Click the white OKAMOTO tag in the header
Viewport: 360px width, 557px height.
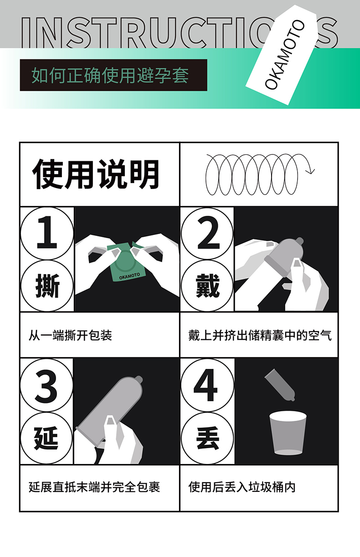click(x=283, y=55)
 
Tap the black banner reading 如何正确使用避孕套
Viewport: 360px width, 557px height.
click(x=113, y=75)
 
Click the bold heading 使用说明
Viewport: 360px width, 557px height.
click(x=96, y=174)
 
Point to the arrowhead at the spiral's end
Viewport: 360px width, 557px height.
click(x=310, y=171)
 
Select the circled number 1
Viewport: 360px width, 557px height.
click(x=47, y=234)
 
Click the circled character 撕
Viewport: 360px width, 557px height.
click(x=47, y=286)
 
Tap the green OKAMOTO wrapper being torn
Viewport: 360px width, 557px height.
click(x=126, y=262)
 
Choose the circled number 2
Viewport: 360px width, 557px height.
click(x=207, y=234)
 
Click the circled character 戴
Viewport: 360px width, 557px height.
click(x=207, y=286)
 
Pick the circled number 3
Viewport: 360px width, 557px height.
click(x=46, y=385)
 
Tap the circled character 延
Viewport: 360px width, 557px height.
click(x=46, y=438)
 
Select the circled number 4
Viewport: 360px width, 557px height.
click(x=207, y=385)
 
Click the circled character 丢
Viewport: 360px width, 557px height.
click(x=207, y=438)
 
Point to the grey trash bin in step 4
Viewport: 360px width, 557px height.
click(x=288, y=433)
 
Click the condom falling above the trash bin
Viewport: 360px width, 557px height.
click(x=280, y=385)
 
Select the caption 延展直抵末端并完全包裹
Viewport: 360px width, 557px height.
click(x=94, y=487)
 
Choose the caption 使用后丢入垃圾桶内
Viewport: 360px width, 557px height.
click(x=242, y=487)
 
